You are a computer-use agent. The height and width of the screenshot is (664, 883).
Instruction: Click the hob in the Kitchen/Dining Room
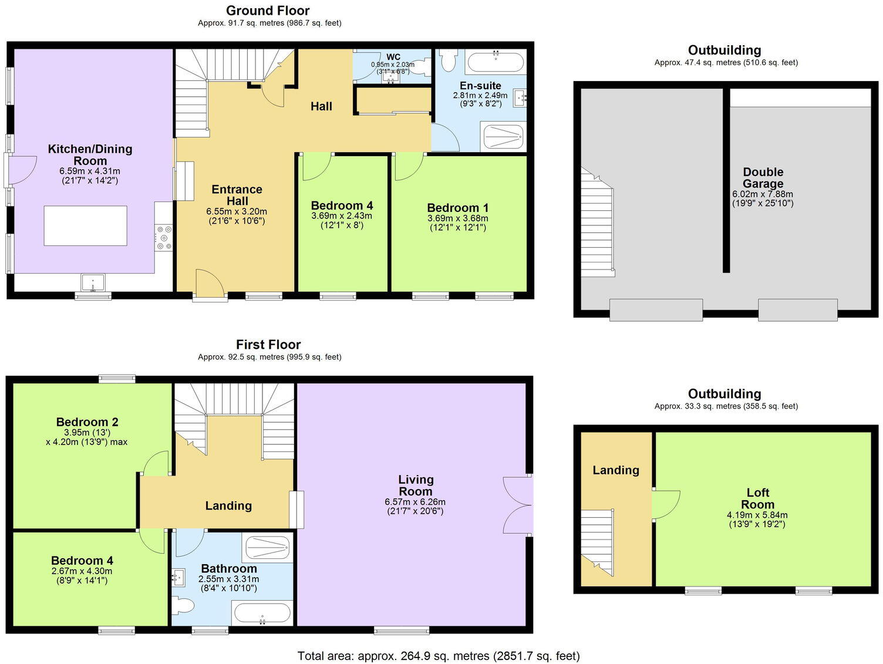coord(164,238)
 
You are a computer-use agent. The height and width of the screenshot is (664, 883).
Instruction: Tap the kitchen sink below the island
coord(93,282)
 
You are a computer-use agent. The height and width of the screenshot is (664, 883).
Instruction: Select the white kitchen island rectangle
coord(85,225)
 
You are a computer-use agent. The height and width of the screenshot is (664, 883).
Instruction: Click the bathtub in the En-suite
coord(496,62)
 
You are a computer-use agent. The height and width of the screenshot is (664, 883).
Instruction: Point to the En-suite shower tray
coord(503,136)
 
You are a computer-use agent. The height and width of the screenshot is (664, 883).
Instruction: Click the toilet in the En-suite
coord(447,60)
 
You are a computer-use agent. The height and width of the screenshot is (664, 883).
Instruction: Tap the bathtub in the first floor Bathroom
coord(262,614)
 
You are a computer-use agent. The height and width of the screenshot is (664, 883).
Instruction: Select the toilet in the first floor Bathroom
coord(183,605)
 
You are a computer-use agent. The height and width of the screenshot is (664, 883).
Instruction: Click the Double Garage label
coord(763,178)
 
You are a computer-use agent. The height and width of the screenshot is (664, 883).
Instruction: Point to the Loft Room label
coord(757,498)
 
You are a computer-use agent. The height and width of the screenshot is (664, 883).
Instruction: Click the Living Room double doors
coord(517,505)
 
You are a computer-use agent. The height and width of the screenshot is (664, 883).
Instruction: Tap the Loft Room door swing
coord(666,505)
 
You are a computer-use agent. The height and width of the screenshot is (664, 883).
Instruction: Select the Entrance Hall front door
coord(210,285)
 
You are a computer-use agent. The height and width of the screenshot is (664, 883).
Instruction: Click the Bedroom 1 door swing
coord(409,167)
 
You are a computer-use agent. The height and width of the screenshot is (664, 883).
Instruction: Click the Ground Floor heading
coord(268,11)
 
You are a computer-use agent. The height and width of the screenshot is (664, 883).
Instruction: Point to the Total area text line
coord(439,656)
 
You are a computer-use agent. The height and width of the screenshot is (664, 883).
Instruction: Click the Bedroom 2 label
coord(87,422)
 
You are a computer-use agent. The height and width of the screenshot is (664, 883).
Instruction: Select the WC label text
coord(393,57)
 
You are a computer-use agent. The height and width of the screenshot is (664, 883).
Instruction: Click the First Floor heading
coord(268,344)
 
